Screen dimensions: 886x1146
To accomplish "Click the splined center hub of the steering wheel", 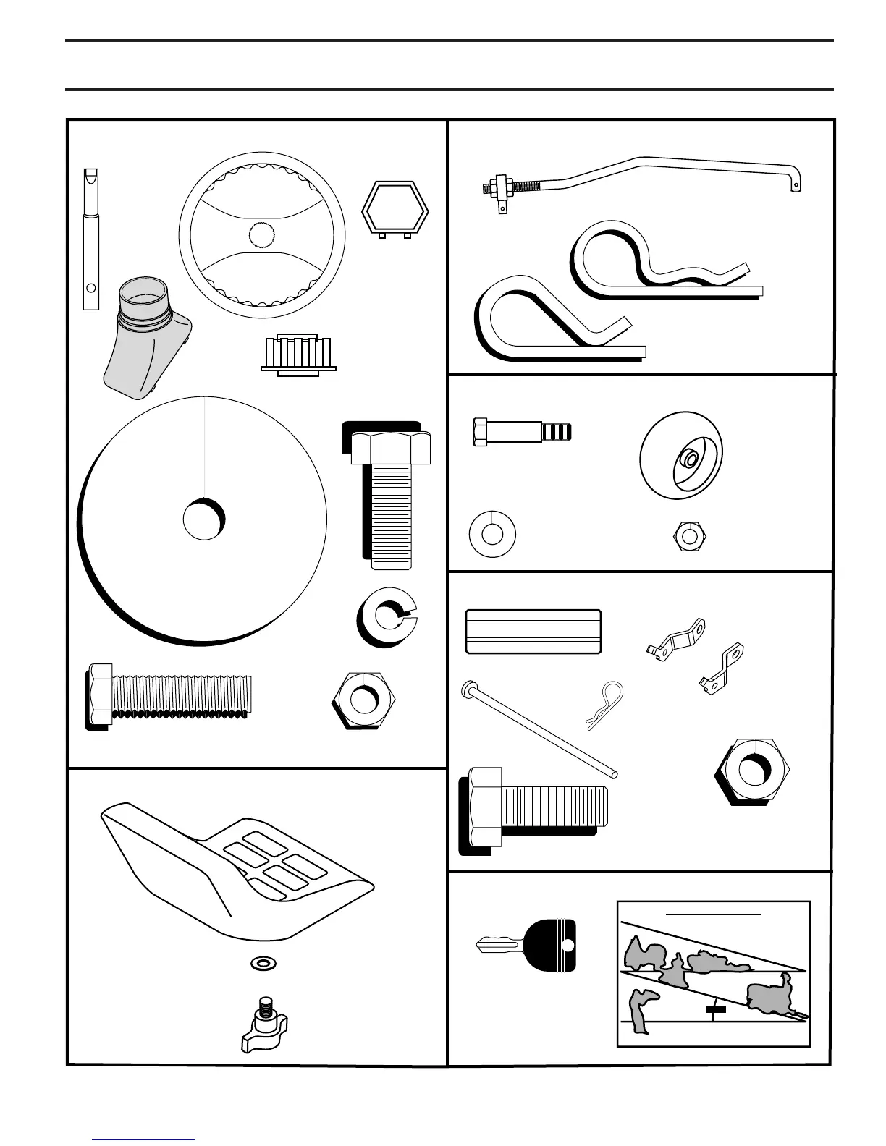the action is [262, 234].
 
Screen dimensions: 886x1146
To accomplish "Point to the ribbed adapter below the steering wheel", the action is [299, 354].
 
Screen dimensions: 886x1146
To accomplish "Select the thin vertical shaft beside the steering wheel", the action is [90, 239].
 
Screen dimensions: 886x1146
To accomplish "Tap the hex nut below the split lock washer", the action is [364, 700].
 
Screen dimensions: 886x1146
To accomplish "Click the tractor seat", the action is [232, 868].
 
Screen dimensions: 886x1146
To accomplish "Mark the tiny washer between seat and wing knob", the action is [262, 964].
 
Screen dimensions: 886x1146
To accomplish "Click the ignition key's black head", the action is [554, 944].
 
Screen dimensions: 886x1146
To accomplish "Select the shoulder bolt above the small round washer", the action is [521, 432].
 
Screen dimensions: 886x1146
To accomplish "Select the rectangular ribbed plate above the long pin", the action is [533, 632].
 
